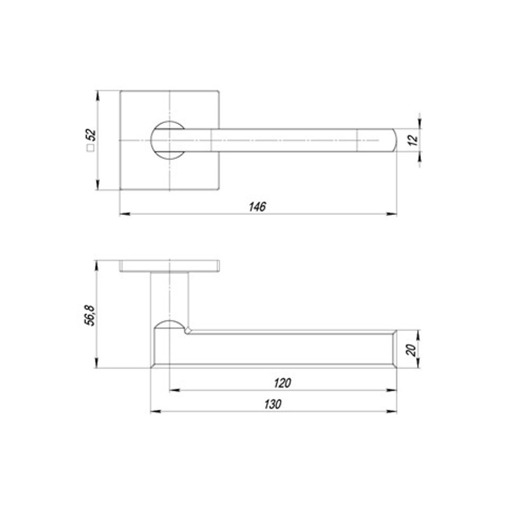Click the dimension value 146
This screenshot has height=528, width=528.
coord(257,206)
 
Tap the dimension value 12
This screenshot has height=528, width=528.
coord(413,140)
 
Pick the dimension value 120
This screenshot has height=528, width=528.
coord(283,383)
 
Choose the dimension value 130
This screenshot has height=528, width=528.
coord(273,404)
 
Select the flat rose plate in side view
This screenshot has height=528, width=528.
coord(169,266)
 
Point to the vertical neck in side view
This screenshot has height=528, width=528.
coord(169,296)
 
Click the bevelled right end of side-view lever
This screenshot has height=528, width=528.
coord(394,348)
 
